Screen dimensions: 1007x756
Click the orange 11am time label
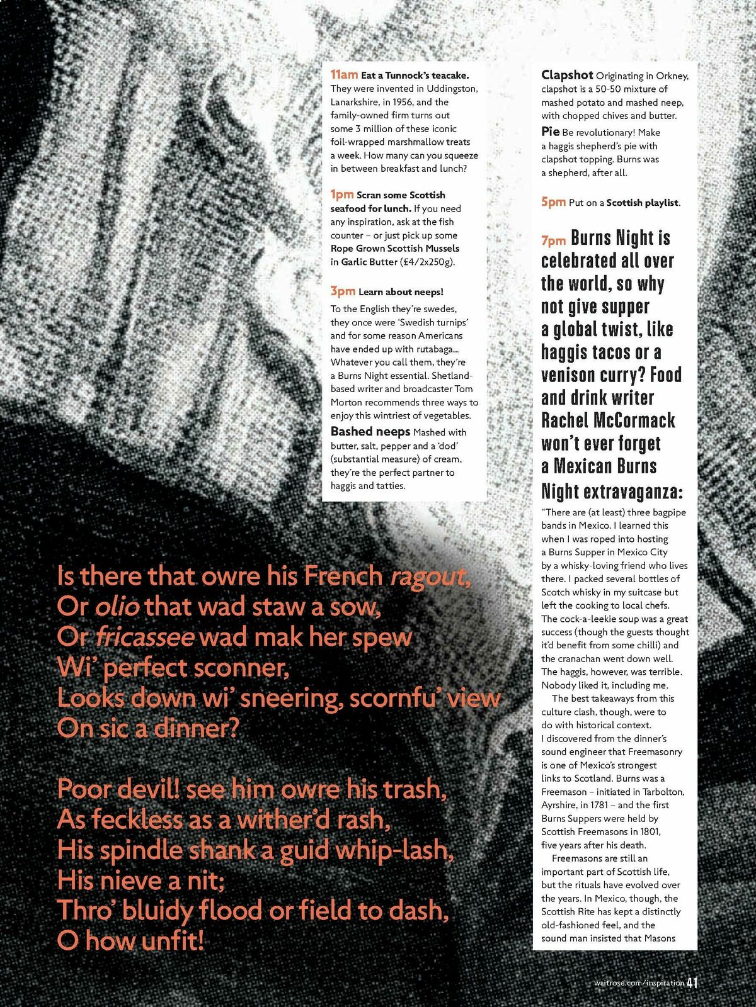tap(344, 74)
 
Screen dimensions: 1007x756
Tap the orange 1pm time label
tap(342, 194)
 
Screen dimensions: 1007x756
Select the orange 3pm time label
tap(343, 291)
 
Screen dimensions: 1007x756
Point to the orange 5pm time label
tap(553, 202)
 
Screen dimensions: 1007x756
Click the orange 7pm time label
tap(554, 240)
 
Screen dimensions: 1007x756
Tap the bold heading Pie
tap(550, 132)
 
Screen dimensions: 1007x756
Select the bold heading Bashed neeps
tap(370, 432)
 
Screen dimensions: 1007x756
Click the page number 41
tap(693, 982)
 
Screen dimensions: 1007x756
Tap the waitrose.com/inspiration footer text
tap(639, 983)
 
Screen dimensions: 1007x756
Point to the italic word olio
tap(117, 607)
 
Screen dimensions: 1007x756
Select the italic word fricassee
tap(144, 637)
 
